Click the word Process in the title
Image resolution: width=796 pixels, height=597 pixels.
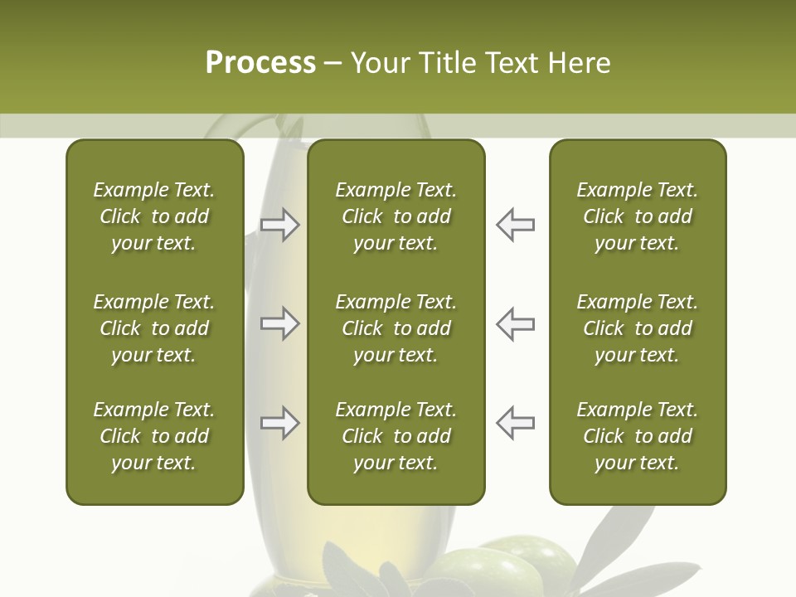pos(260,63)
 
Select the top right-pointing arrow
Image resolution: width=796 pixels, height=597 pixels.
pos(279,225)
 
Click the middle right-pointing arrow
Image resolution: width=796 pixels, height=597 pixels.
pos(279,323)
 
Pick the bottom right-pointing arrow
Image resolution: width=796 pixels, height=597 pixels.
pos(279,423)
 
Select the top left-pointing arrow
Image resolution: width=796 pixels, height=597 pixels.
pos(516,225)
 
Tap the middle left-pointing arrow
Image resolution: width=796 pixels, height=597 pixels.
pos(516,323)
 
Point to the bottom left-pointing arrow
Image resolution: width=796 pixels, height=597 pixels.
pos(516,423)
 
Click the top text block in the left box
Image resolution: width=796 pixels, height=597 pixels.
pos(154,216)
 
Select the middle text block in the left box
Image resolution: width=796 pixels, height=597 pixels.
pos(154,328)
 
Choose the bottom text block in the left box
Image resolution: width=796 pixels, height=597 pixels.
pos(154,436)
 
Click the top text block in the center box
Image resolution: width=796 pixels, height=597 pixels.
pos(396,216)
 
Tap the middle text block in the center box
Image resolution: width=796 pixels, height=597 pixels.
pos(396,328)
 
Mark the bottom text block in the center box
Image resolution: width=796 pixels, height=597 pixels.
pos(396,436)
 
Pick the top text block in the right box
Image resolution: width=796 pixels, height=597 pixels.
pos(637,216)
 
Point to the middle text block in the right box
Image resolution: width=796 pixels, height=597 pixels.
pos(637,328)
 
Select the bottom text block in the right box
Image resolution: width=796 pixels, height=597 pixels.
pos(637,436)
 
